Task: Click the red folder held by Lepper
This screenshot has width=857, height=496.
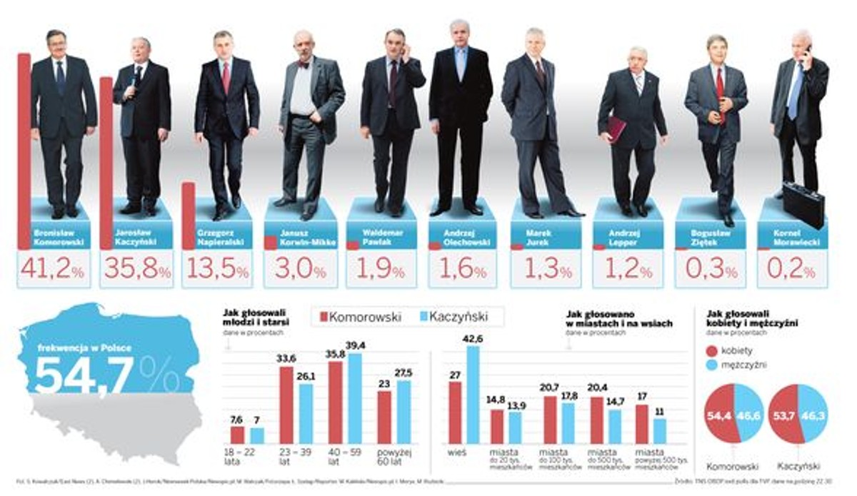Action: pos(615,129)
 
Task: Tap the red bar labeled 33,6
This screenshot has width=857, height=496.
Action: pos(286,405)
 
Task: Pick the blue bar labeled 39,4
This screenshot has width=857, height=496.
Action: pos(354,398)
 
